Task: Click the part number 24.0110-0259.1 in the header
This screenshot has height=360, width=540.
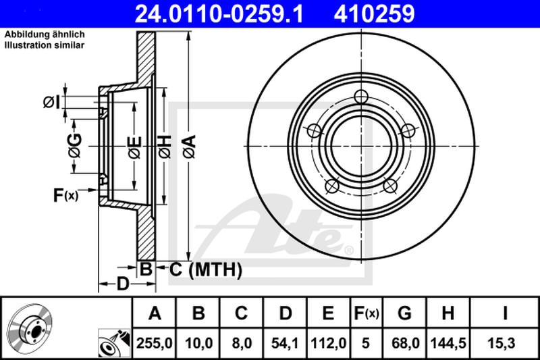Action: (219, 14)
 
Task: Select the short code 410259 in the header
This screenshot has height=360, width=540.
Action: (374, 14)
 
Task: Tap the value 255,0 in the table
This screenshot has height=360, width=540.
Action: (155, 343)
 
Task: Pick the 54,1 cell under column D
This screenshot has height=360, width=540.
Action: (285, 343)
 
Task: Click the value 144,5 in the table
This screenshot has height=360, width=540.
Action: (448, 343)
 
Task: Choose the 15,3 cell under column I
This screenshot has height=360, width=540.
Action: (501, 343)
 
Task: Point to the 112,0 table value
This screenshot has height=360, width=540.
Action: (328, 343)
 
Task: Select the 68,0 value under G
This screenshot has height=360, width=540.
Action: (404, 343)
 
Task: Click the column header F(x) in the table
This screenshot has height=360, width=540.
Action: (366, 313)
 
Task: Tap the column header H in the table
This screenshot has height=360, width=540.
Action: (448, 313)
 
